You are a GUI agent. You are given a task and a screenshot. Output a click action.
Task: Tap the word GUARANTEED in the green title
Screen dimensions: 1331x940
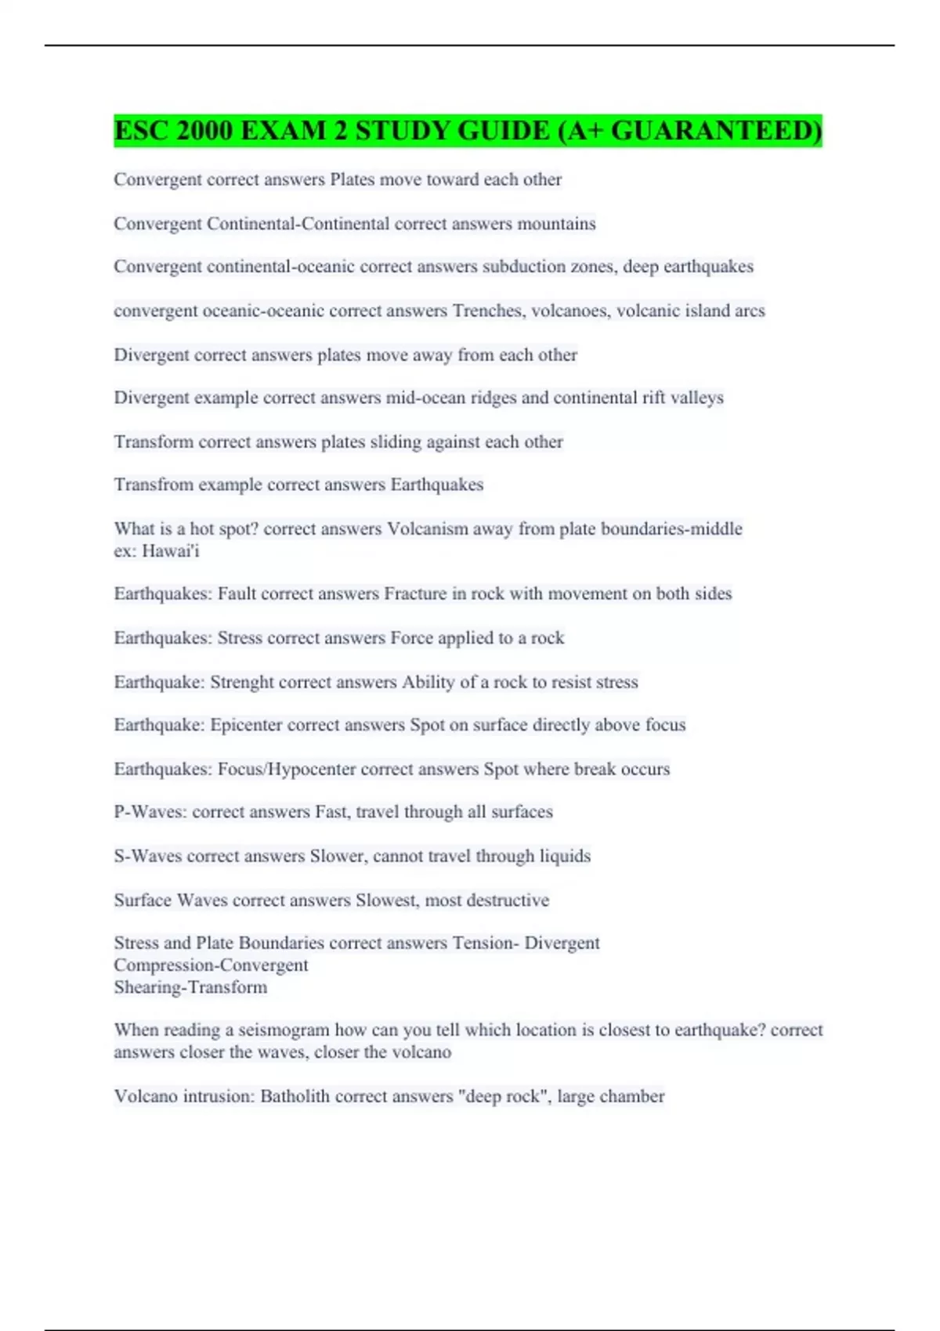click(x=716, y=131)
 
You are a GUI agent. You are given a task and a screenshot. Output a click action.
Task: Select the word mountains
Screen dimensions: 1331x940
click(x=557, y=224)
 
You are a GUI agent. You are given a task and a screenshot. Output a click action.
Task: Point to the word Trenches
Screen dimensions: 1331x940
click(x=489, y=311)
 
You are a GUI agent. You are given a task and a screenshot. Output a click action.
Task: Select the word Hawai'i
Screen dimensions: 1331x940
click(x=171, y=551)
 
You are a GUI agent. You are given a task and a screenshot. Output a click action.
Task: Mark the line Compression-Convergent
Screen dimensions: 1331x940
click(x=211, y=965)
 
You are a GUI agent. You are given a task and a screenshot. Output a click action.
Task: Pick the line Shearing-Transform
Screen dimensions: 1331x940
click(x=190, y=987)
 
